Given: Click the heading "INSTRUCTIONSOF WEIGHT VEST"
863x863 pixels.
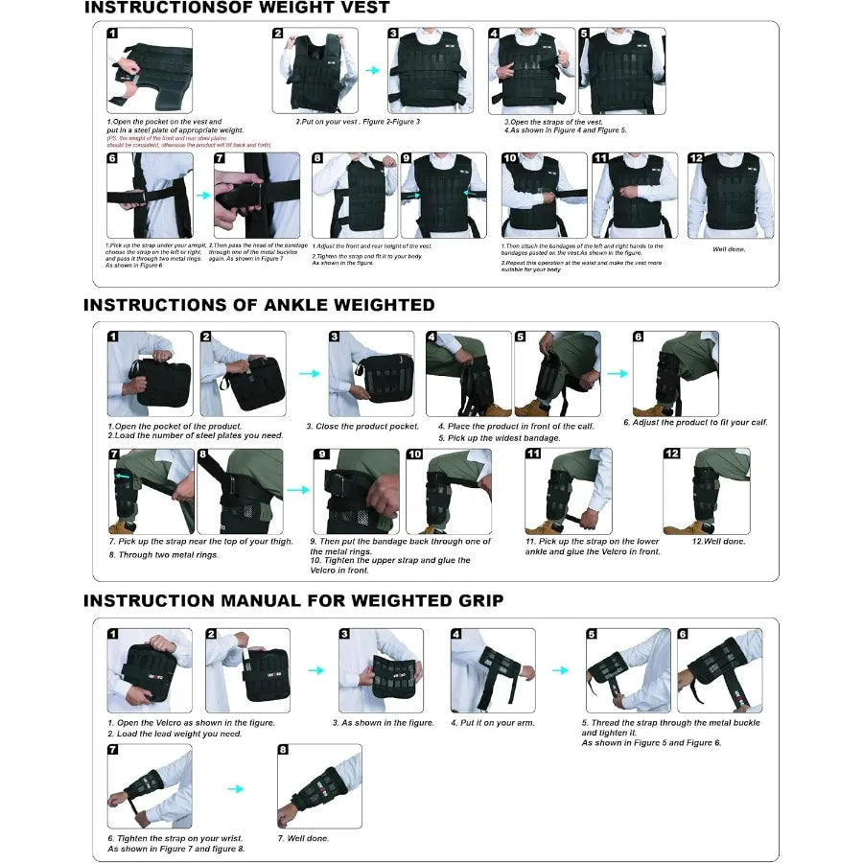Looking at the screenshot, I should coord(237,9).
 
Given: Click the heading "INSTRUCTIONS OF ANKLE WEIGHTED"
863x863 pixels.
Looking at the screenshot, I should coord(259,305).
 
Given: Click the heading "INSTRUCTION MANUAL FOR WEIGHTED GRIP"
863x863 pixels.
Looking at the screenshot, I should coord(292,601).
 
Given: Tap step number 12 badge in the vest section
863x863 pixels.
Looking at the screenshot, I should coord(696,158).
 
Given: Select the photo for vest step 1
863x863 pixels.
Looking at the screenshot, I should coord(150,70).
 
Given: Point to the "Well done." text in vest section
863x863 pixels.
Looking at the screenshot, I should coord(730,249).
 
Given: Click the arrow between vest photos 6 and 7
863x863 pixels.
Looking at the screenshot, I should coord(203,195).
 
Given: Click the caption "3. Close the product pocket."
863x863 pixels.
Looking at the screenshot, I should coord(362,426).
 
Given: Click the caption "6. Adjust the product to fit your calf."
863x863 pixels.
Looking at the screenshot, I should coord(695,422).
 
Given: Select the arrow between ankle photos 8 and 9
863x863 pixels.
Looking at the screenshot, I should coord(298,490).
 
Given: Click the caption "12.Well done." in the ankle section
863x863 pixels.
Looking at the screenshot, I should coord(718,542).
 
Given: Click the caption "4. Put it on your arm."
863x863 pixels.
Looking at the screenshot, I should coord(493,723).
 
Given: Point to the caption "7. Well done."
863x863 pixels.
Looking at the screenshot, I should coord(303,838).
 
